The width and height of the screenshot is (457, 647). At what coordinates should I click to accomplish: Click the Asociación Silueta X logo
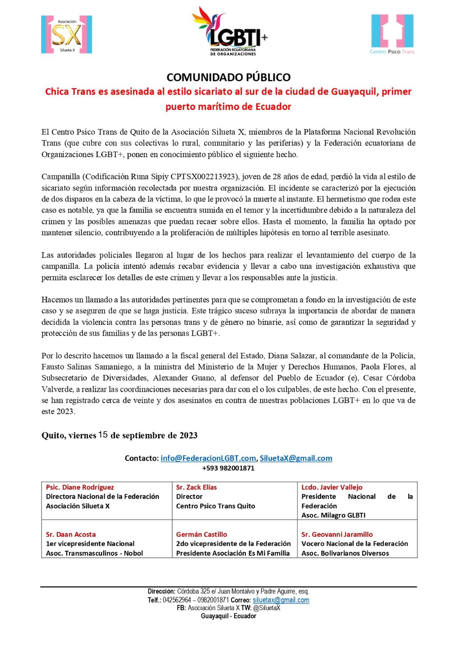pos(67,34)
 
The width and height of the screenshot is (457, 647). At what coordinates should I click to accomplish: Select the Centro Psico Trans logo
pos(392,34)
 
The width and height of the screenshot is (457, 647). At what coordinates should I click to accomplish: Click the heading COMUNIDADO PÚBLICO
pos(228,77)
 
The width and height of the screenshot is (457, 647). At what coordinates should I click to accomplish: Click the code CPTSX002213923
pos(203,177)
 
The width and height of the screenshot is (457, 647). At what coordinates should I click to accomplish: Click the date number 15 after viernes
pos(103,435)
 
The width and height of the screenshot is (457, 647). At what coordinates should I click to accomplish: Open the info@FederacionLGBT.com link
pos(208,458)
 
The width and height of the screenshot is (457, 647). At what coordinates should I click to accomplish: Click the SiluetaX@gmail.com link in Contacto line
pos(296,458)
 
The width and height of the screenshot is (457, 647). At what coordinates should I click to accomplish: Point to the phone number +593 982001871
pos(228,468)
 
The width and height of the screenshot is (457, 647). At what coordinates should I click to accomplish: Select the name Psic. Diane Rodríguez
pos(80,487)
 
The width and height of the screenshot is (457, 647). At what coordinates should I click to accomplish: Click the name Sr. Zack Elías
pos(196,487)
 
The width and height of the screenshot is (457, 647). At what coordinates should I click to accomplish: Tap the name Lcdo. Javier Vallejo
pos(332,487)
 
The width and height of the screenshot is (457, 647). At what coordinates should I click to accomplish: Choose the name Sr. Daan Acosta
pos(71,535)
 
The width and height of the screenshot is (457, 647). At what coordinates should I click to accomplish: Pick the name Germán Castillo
pos(201,535)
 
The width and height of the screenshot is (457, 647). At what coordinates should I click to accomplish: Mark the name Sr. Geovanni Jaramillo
pos(337,535)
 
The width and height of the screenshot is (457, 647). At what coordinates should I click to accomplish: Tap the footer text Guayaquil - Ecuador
pos(228,616)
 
